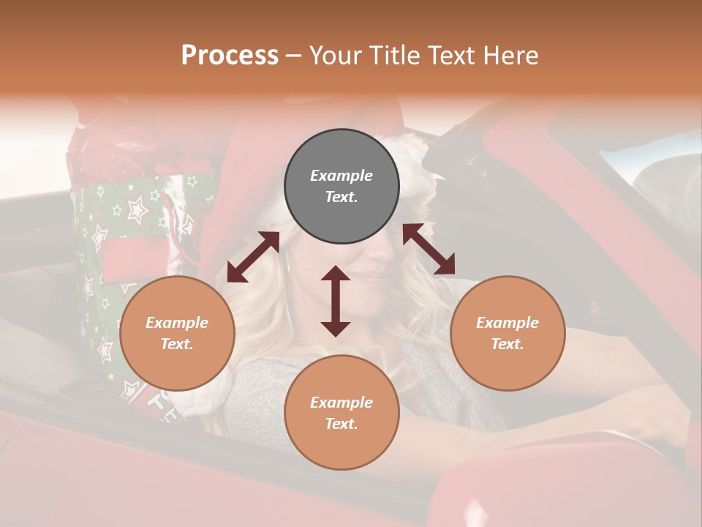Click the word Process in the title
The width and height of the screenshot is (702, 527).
coord(230,55)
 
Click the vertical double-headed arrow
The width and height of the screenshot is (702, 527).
coord(336,301)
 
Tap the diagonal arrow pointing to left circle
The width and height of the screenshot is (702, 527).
coord(253,256)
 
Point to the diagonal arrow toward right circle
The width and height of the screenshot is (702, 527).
coord(429,250)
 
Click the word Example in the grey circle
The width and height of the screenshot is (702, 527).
coord(341,176)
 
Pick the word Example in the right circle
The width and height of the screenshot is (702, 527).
coord(507,323)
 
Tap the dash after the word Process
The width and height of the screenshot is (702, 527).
coord(294,56)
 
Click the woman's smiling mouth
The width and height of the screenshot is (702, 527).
coord(371,274)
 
